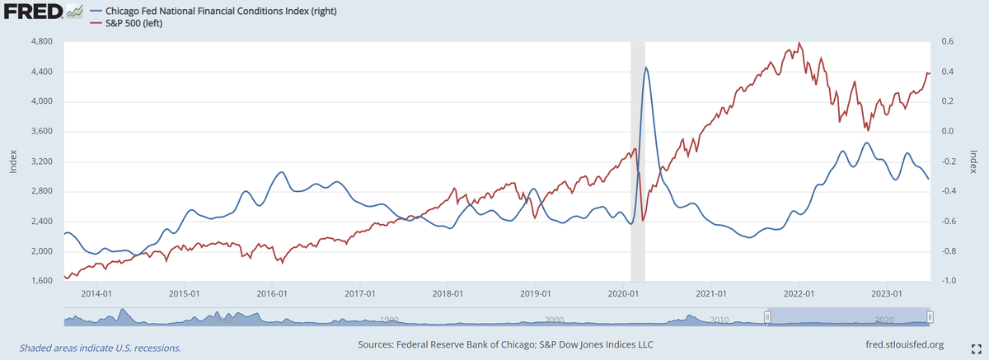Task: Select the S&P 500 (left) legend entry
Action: pyautogui.click(x=145, y=24)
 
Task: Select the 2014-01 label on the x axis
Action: pyautogui.click(x=96, y=293)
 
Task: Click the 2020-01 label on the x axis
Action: pyautogui.click(x=624, y=293)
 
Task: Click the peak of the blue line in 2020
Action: pyautogui.click(x=646, y=68)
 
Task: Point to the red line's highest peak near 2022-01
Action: pyautogui.click(x=799, y=44)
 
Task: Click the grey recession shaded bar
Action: pyautogui.click(x=637, y=165)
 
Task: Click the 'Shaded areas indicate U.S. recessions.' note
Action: pyautogui.click(x=101, y=348)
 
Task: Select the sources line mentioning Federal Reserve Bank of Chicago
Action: pyautogui.click(x=505, y=344)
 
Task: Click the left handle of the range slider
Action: pyautogui.click(x=766, y=316)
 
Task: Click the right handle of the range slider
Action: pyautogui.click(x=930, y=316)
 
